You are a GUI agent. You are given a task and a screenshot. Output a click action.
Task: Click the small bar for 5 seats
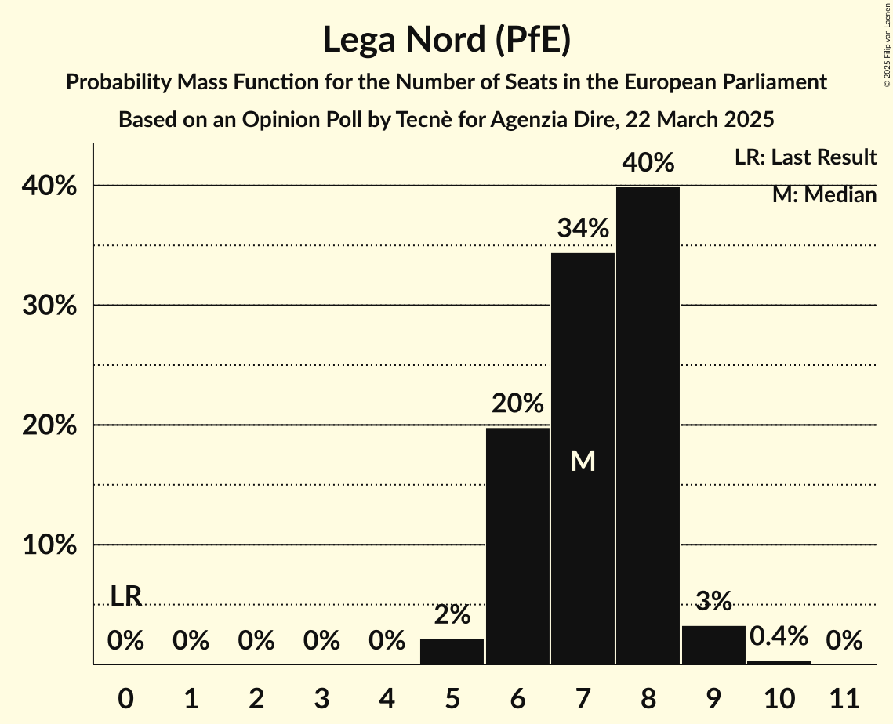click(x=452, y=652)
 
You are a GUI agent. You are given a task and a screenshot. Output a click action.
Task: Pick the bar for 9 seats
click(x=713, y=645)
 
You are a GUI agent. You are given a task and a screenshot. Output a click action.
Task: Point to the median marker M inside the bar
click(x=583, y=462)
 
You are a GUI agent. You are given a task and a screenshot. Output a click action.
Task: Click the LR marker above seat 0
click(x=125, y=596)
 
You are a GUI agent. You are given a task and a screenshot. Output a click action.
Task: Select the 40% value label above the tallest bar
click(x=648, y=163)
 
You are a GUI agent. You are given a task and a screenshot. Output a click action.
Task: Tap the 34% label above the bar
click(x=583, y=229)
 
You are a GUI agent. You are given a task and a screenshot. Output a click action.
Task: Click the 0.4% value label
click(x=779, y=636)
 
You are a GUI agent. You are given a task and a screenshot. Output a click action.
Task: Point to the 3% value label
click(x=713, y=601)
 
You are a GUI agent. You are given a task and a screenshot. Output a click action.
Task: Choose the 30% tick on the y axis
click(x=49, y=306)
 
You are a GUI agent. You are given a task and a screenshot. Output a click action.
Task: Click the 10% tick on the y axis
click(x=49, y=545)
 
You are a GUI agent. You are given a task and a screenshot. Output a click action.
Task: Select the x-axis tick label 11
click(x=844, y=696)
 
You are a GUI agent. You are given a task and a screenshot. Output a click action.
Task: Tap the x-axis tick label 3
click(x=321, y=696)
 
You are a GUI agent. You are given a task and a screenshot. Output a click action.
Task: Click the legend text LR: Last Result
click(x=805, y=157)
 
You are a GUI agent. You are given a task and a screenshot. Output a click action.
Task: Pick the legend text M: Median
click(x=824, y=195)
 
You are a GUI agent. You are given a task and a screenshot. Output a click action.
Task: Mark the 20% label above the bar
click(x=517, y=404)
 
